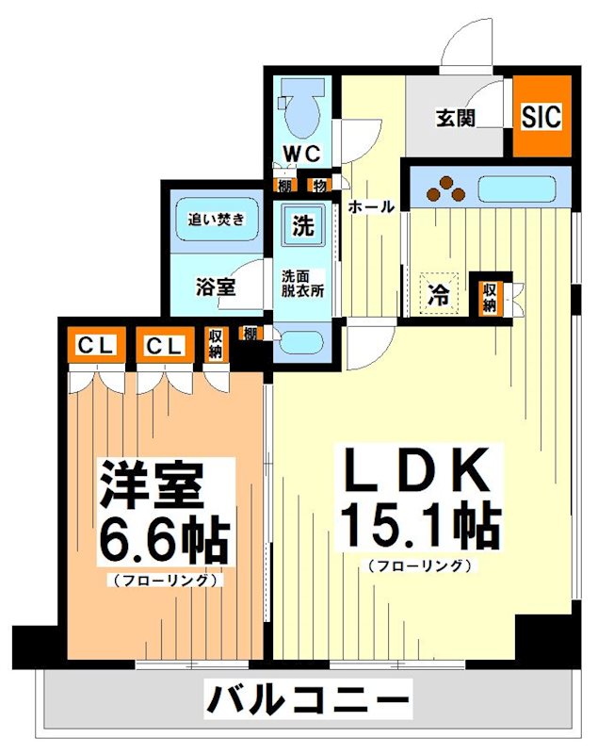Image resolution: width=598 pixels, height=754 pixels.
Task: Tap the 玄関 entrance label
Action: point(455,119)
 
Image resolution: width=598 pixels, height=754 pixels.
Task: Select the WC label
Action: point(302,154)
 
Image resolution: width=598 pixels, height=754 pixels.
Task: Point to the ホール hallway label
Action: point(371,207)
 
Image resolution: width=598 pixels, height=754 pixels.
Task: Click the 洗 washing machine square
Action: point(302,226)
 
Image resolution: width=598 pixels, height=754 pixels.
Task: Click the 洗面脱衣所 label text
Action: point(302,284)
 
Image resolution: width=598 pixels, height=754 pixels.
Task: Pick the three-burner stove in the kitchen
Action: point(445,188)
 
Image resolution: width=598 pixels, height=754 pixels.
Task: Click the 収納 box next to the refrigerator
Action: point(490,297)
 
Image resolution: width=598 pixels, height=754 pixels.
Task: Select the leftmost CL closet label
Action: point(95,346)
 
